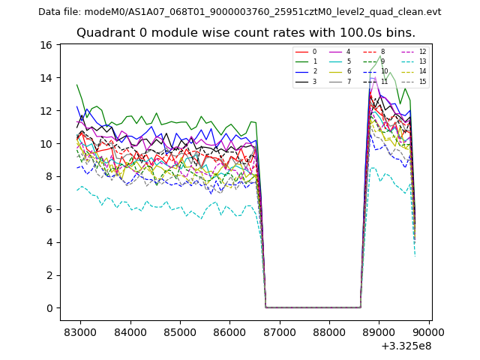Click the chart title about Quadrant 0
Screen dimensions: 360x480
(x=246, y=33)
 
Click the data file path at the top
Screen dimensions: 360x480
(x=240, y=12)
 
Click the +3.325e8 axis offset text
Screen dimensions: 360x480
(x=406, y=346)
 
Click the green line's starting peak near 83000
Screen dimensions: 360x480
(x=76, y=85)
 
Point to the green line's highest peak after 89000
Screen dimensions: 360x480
(x=380, y=55)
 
